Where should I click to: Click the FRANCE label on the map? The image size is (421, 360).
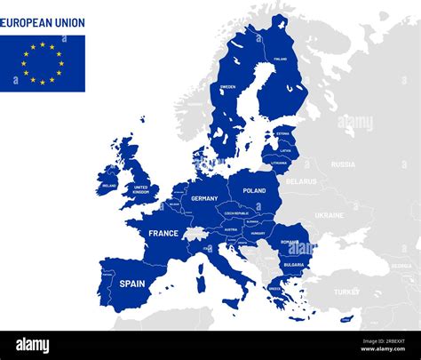click(163, 233)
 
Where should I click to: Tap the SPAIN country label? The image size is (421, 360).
click(132, 284)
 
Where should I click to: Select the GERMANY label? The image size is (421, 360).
click(204, 198)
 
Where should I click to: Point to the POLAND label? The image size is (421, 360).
click(254, 190)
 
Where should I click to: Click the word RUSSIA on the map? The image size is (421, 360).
click(343, 164)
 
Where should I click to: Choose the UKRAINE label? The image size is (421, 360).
click(329, 215)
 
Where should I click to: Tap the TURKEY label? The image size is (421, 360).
click(346, 292)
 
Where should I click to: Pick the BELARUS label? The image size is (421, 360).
click(301, 181)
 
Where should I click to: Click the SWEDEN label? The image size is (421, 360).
click(228, 87)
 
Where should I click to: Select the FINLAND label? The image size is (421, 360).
click(281, 59)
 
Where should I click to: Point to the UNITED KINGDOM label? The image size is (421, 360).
click(140, 189)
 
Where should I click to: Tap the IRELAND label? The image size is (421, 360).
click(109, 186)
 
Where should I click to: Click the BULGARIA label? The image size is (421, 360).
click(294, 264)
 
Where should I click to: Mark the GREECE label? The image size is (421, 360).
click(274, 288)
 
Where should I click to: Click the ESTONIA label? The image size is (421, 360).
click(282, 133)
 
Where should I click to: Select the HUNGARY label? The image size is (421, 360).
click(258, 234)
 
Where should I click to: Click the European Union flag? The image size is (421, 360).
click(43, 63)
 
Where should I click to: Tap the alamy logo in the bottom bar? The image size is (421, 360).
click(32, 345)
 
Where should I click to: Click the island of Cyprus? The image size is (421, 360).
click(346, 318)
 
